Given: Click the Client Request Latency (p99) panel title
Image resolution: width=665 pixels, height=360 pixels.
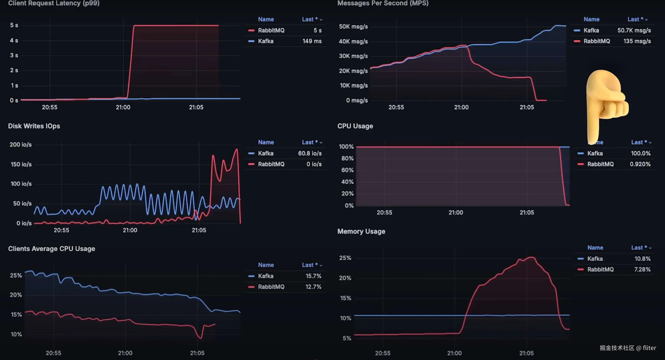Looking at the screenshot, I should pos(54,3).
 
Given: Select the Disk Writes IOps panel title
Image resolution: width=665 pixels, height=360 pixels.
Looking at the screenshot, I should pos(34,126).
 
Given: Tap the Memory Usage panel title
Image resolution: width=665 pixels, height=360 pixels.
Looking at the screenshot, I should pos(361,231).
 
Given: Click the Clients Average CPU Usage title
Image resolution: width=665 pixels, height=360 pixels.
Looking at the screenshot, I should pos(51,249).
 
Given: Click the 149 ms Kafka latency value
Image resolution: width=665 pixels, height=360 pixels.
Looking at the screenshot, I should pos(312,41).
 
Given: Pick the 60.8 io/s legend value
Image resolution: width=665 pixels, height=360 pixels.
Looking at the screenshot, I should pos(310,153).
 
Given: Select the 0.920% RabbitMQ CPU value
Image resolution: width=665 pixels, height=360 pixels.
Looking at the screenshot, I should pos(640,164).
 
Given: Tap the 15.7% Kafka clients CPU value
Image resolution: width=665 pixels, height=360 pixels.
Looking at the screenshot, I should pos(313,276).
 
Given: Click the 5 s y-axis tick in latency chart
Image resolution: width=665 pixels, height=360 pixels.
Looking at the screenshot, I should pos(14,25).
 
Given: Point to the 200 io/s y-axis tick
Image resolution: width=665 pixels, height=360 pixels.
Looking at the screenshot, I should pos(21,145).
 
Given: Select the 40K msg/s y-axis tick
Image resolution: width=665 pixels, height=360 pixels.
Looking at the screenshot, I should pos(353,42).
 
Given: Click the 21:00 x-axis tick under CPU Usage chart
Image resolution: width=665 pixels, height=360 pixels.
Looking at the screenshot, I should pos(456,213).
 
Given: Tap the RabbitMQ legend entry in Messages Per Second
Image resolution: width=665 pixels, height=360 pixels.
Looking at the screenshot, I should pos(596,41).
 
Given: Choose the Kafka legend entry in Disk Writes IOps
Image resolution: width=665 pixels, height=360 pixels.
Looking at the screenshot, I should pos(265,153).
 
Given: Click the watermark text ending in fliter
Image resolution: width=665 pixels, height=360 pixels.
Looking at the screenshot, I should pos(628,348).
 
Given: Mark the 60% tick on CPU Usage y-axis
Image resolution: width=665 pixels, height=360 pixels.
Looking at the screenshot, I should pos(347,170).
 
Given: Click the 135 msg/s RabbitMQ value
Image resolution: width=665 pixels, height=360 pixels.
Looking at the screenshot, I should pos(637,41).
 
